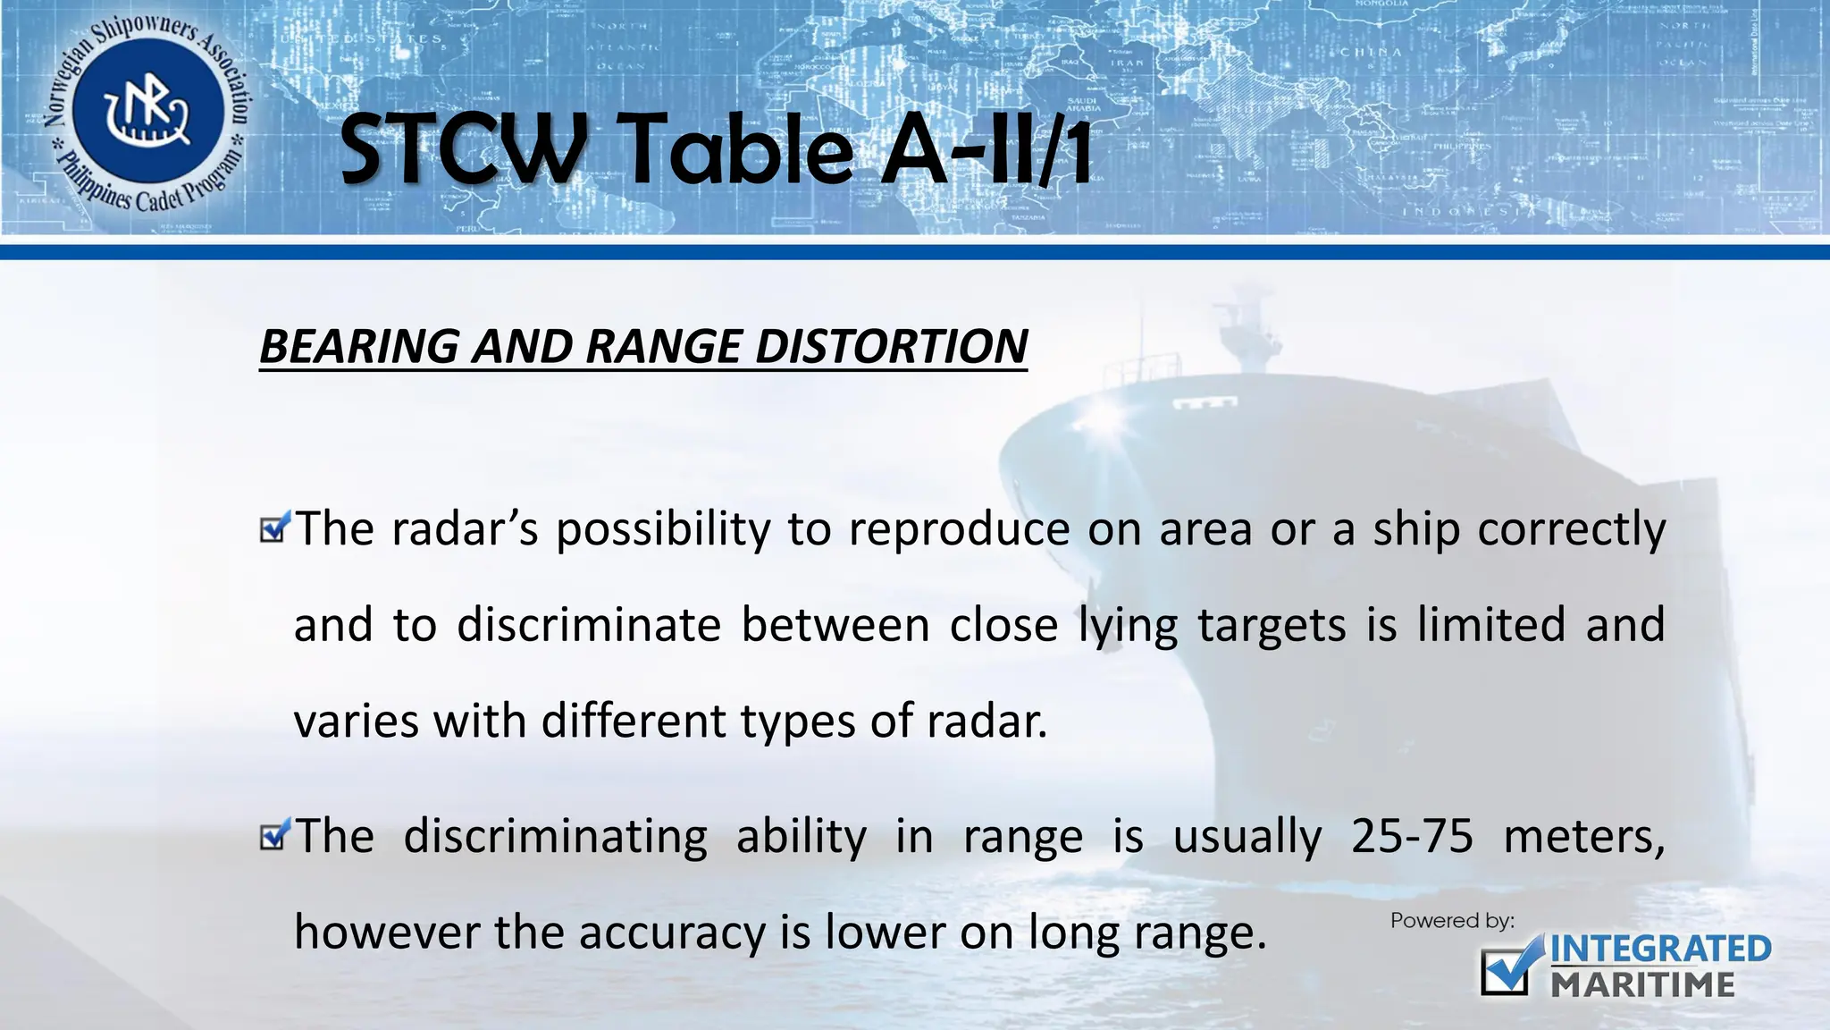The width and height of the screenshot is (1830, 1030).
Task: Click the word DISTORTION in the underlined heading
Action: (891, 346)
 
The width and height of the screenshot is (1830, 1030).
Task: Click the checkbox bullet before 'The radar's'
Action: (274, 528)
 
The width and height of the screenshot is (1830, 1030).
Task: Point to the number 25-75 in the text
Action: (1412, 837)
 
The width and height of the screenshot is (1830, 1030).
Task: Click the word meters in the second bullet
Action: (1583, 837)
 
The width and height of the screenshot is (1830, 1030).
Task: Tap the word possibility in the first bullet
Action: (663, 529)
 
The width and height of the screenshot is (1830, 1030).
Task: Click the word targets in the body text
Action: (1272, 624)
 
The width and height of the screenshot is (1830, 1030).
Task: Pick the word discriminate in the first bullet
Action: (589, 624)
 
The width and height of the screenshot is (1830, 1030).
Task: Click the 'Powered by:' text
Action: (1452, 921)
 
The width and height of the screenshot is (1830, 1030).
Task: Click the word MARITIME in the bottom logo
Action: (1642, 985)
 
